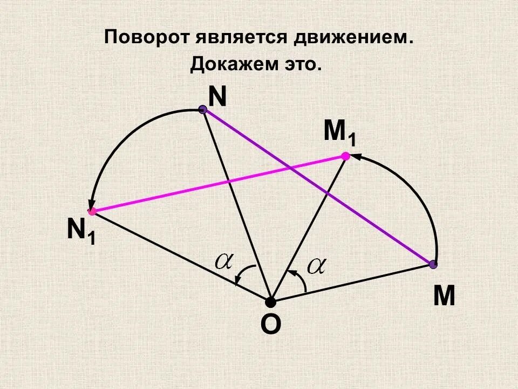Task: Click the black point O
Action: (270, 301)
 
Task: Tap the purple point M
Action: (433, 264)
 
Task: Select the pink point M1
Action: (345, 156)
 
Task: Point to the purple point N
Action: (203, 110)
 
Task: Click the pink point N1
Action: (92, 211)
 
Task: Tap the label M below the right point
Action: (444, 297)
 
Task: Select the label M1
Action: (339, 133)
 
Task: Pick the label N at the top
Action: (217, 97)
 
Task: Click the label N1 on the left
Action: (81, 231)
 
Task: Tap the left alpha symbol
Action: (223, 261)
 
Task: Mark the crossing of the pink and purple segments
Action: (290, 169)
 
